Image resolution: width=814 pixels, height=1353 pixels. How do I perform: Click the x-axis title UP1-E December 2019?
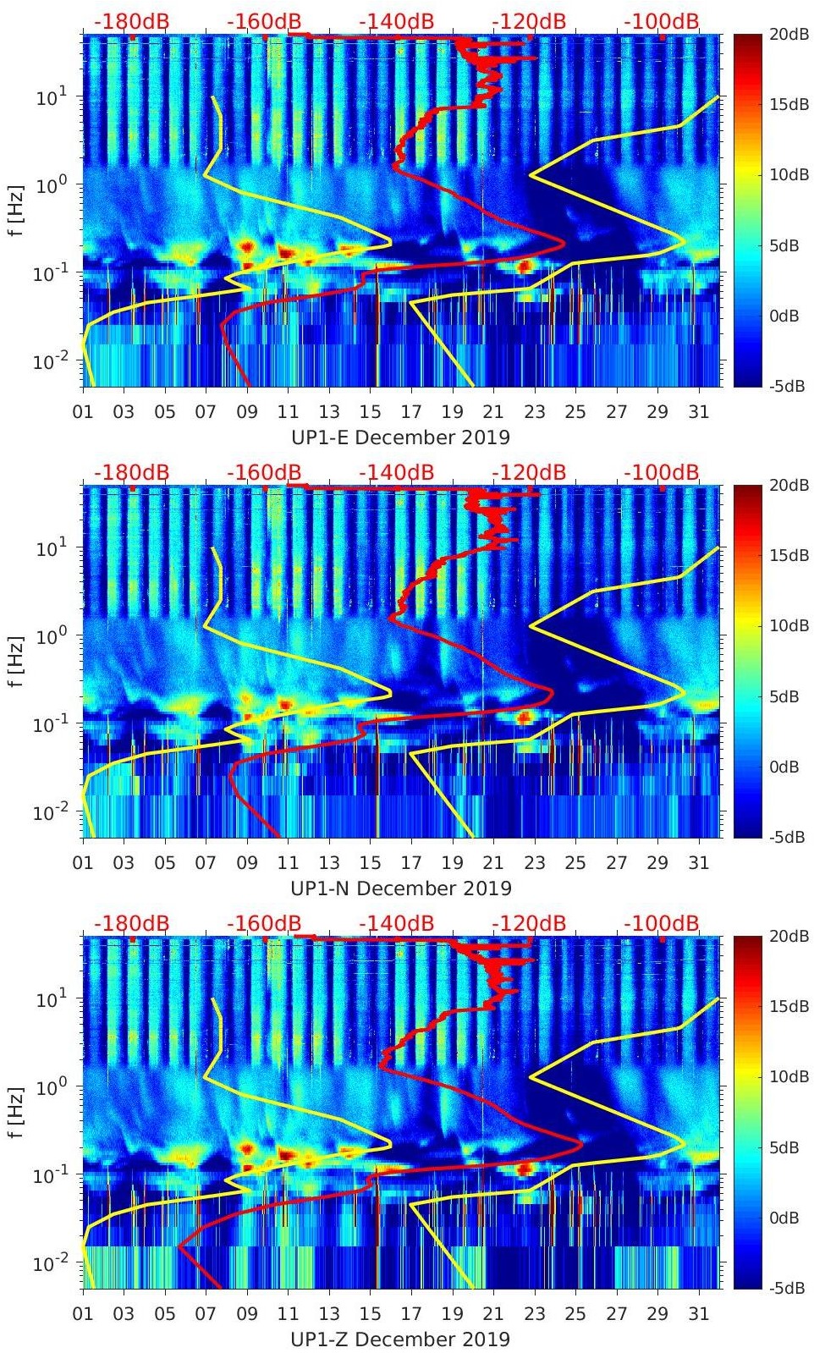point(400,437)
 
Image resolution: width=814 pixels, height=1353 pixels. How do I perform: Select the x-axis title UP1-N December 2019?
point(400,888)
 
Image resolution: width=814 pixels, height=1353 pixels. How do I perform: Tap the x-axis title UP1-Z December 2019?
point(400,1339)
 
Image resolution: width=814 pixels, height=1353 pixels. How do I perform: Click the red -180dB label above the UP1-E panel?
point(131,21)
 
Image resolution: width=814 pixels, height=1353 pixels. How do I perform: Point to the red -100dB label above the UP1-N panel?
point(662,472)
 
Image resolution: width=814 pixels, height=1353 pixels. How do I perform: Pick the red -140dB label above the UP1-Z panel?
point(396,923)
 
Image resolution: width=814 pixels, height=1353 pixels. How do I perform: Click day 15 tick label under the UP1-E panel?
point(370,412)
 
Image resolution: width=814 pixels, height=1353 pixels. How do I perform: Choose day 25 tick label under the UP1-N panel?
point(575,863)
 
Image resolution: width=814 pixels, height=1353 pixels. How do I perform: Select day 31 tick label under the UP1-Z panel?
point(698,1314)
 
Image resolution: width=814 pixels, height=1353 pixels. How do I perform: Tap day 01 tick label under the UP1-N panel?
point(83,863)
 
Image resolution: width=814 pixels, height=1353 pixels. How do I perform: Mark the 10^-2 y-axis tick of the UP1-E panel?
point(49,362)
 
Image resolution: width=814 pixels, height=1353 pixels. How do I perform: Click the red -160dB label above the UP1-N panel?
point(264,472)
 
